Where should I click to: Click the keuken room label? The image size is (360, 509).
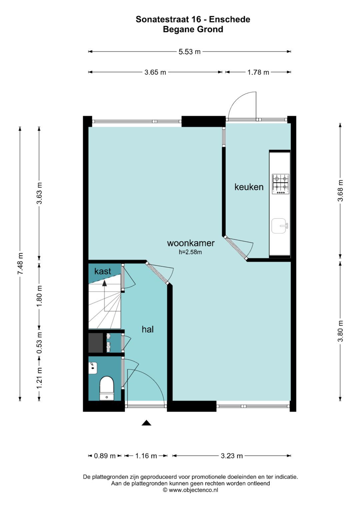[x=249, y=187]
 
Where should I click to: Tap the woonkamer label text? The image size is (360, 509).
[x=191, y=243]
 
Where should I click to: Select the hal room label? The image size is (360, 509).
[x=147, y=329]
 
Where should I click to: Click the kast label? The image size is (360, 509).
[x=102, y=271]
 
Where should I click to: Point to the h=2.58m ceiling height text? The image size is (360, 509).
[x=190, y=252]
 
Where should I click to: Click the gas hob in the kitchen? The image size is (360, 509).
[x=280, y=184]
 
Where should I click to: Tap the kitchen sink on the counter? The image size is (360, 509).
[x=279, y=226]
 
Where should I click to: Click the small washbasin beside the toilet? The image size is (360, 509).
[x=93, y=368]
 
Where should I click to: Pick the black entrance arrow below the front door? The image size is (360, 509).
[x=146, y=423]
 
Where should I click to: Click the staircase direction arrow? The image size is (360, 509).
[x=105, y=283]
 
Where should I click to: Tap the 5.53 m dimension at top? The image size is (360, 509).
[x=189, y=52]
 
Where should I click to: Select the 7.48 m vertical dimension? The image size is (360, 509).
[x=20, y=263]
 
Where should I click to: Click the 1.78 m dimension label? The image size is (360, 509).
[x=258, y=72]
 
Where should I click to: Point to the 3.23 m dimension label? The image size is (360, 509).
[x=232, y=456]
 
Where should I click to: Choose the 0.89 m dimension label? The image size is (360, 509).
[x=105, y=456]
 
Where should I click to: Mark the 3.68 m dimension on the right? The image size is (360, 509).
[x=340, y=190]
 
